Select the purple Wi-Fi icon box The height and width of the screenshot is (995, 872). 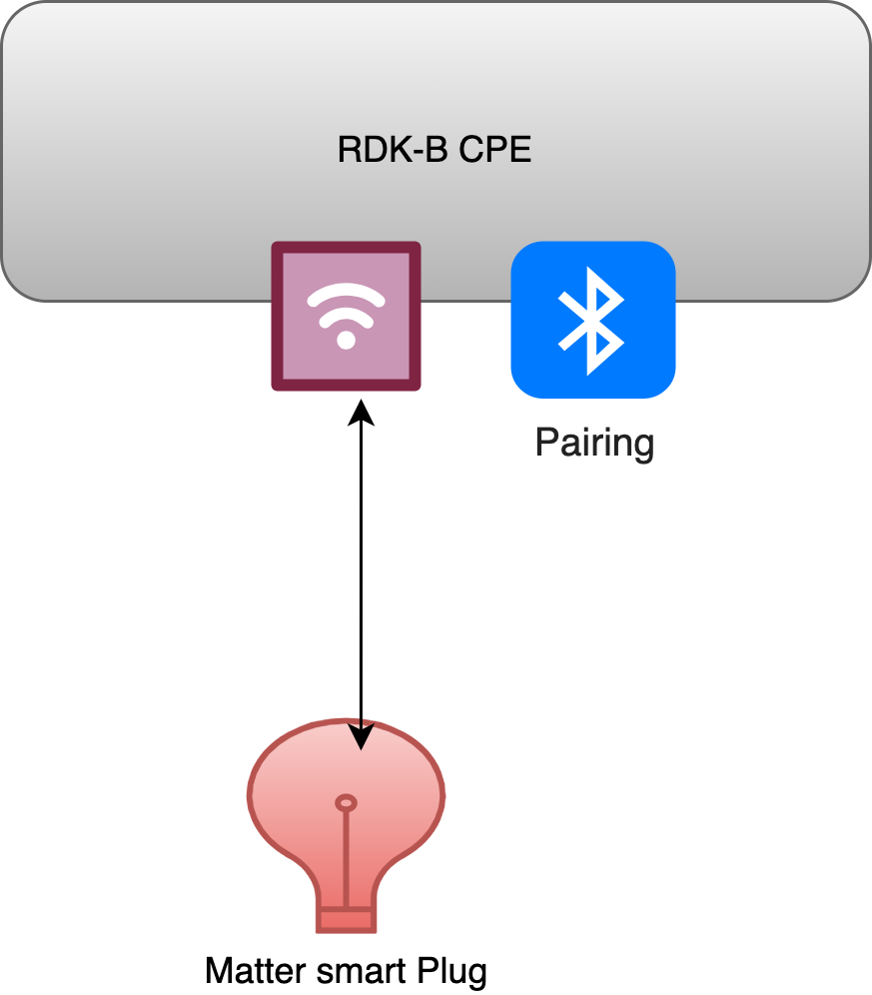click(346, 316)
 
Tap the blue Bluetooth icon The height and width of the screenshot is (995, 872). click(593, 320)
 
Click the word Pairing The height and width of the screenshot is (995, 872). click(594, 442)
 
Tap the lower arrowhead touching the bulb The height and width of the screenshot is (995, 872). click(361, 736)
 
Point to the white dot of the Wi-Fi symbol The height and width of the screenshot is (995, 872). click(346, 340)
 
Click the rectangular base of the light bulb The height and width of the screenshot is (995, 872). click(346, 916)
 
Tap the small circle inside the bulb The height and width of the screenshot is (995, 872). click(346, 802)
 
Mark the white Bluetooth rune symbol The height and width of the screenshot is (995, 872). click(592, 320)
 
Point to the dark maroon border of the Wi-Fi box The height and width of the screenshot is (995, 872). click(277, 316)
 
